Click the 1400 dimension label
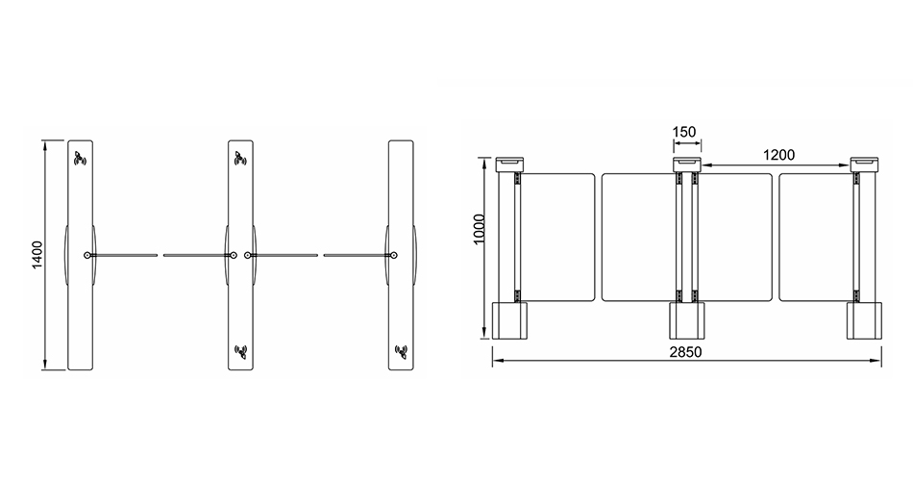tap(37, 255)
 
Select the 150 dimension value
tap(684, 133)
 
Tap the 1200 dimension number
tap(778, 155)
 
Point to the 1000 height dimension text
tap(480, 230)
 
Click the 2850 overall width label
tap(685, 352)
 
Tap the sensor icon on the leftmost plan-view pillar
tap(80, 158)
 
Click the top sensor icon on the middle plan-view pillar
tap(240, 158)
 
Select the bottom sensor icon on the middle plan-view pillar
tap(241, 351)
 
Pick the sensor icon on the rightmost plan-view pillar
tap(401, 351)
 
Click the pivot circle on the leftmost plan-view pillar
tap(87, 255)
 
